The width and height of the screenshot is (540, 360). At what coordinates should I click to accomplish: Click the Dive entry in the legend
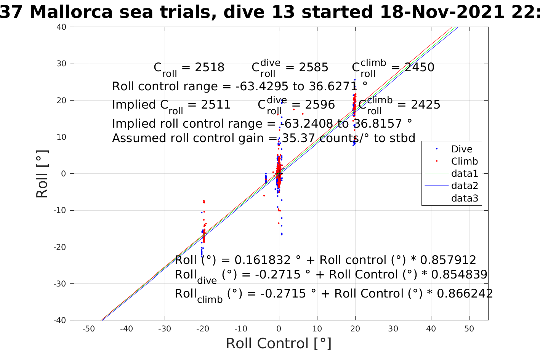[x=461, y=149]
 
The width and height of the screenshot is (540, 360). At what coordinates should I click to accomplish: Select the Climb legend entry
[x=464, y=162]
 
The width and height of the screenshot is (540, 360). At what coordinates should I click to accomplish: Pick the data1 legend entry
[x=464, y=174]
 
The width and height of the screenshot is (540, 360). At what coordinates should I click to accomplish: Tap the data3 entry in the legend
[x=464, y=198]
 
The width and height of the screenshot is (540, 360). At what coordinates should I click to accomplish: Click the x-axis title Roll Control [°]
[x=279, y=343]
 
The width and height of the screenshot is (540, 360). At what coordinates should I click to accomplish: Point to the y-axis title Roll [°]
[x=42, y=174]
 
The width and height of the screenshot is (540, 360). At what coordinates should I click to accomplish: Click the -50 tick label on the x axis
[x=88, y=329]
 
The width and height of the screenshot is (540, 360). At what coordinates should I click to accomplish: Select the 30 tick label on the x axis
[x=393, y=329]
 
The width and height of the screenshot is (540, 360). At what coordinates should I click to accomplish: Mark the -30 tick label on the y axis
[x=60, y=284]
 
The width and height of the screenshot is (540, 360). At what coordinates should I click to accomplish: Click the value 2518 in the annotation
[x=210, y=67]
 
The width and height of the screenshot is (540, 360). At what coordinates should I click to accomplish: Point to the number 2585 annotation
[x=313, y=67]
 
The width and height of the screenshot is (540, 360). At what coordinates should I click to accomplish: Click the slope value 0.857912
[x=448, y=260]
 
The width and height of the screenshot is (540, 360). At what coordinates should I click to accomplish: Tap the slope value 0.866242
[x=465, y=294]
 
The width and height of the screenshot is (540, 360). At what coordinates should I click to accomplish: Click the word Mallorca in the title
[x=71, y=12]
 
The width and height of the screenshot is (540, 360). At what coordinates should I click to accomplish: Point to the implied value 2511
[x=216, y=105]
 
